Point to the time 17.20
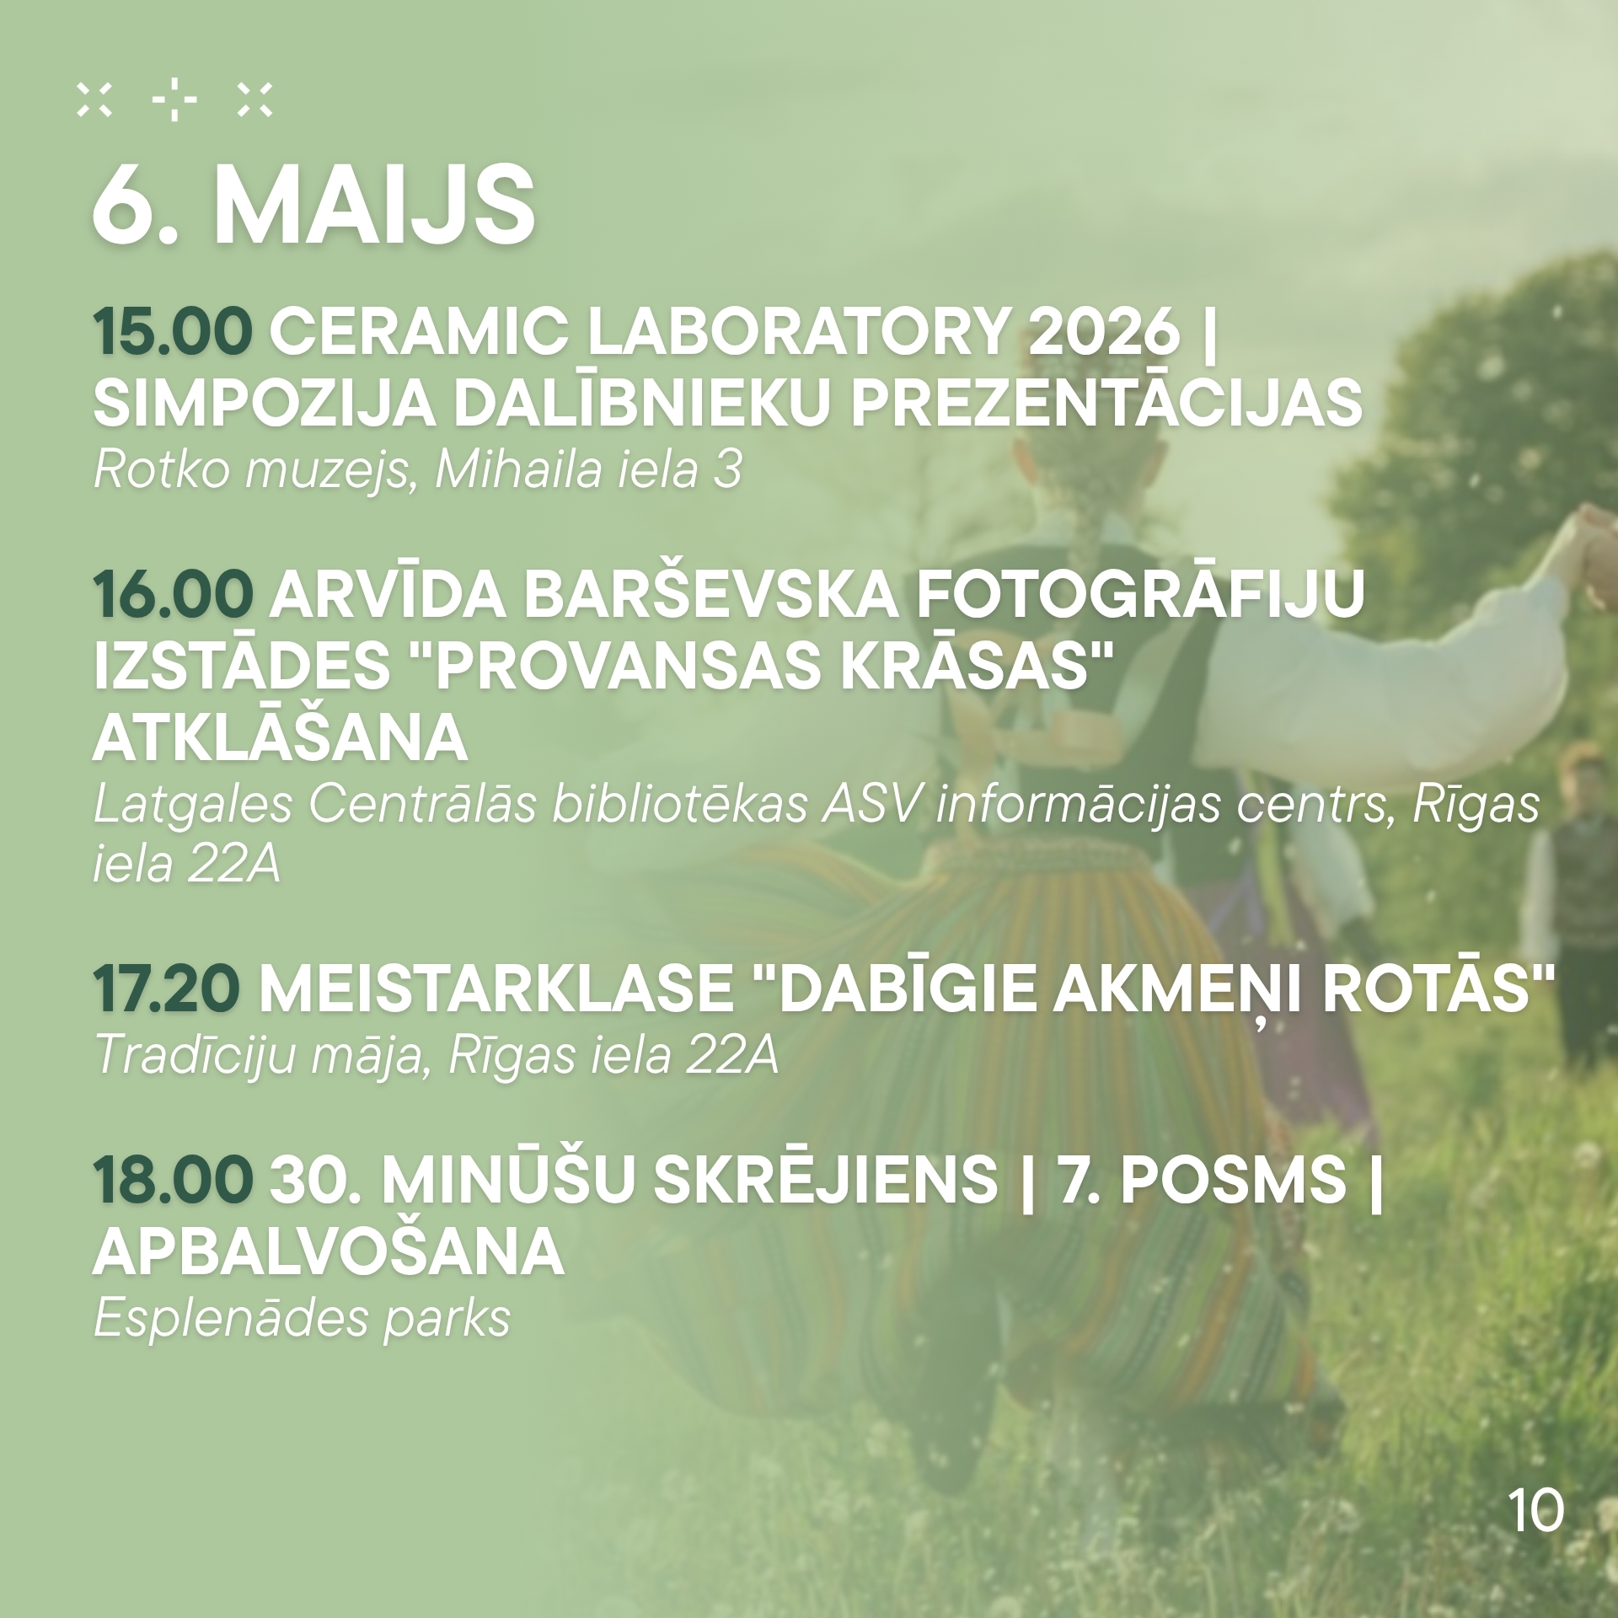pyautogui.click(x=168, y=990)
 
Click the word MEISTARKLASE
pyautogui.click(x=496, y=990)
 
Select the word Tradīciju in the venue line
pyautogui.click(x=196, y=1054)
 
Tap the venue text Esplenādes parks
pyautogui.click(x=303, y=1319)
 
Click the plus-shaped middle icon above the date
pyautogui.click(x=174, y=101)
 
